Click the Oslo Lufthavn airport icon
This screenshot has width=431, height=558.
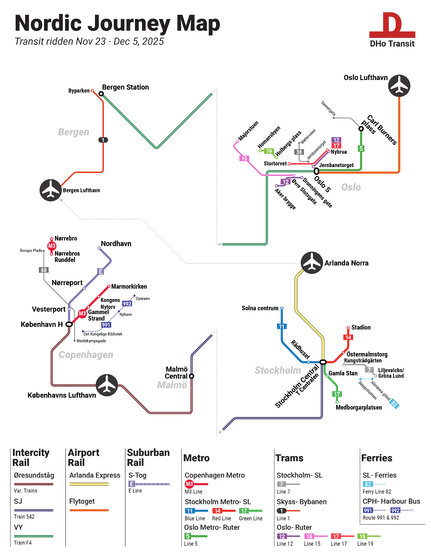399,86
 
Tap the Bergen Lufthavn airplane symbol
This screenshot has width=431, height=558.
50,190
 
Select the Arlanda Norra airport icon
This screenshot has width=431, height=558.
312,263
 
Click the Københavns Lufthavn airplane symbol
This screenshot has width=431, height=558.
107,385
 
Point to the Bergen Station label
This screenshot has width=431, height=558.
125,87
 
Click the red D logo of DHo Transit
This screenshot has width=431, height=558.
392,25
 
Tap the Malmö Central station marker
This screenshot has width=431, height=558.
192,376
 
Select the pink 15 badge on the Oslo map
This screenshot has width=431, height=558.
244,158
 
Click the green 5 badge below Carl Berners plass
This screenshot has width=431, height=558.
361,148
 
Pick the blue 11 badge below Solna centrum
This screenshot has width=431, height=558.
282,326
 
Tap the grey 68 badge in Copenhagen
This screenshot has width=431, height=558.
44,270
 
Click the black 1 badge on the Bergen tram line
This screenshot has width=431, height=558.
103,140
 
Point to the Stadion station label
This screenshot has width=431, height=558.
361,328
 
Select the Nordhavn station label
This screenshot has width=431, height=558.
116,244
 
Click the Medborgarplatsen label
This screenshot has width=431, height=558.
359,407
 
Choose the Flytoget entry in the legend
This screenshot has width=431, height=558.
82,501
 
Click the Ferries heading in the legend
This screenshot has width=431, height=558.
377,458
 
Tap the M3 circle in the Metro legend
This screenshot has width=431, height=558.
189,484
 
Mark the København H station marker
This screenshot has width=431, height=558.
69,324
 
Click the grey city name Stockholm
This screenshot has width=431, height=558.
278,370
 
